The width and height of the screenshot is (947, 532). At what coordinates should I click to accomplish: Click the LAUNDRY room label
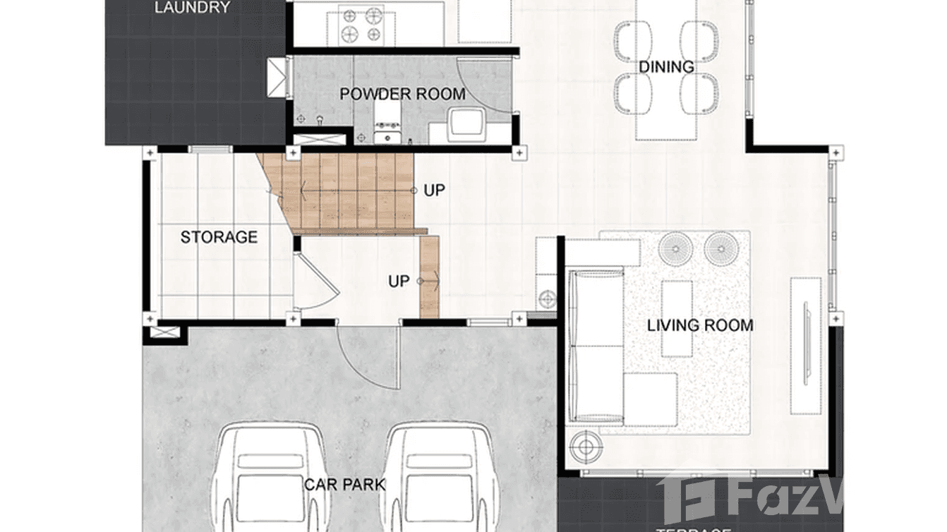[192, 8]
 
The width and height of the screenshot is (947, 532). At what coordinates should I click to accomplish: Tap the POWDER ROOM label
[402, 94]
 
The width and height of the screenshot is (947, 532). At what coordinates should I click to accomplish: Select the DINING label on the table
[666, 67]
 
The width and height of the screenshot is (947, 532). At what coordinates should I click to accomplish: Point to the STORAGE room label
[219, 237]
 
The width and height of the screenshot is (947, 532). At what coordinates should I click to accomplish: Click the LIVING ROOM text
[700, 325]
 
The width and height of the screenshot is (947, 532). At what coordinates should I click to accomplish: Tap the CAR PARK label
[345, 485]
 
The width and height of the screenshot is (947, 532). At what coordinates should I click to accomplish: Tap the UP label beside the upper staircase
[435, 191]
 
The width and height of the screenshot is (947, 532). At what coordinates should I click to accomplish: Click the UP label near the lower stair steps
[399, 282]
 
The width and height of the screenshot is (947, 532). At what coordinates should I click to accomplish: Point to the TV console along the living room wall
[805, 346]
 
